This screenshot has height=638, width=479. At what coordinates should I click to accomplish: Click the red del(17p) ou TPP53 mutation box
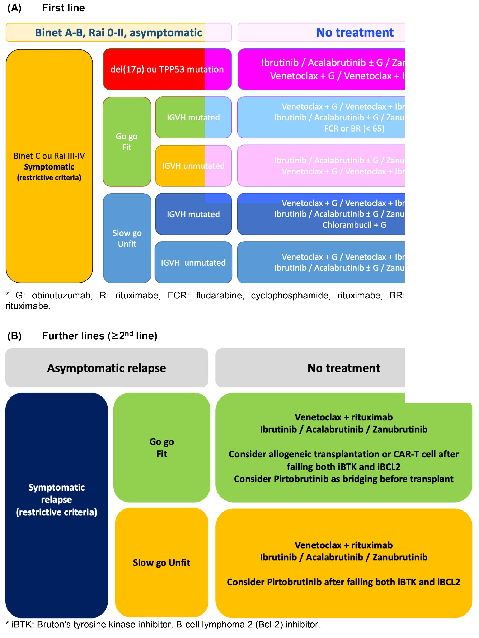click(167, 69)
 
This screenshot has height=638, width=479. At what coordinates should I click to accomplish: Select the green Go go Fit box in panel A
click(127, 142)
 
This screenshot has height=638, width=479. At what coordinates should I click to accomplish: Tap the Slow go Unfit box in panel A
click(127, 238)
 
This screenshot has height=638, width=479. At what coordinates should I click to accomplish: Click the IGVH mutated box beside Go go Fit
click(193, 117)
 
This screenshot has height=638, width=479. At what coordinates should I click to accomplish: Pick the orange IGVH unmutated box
click(193, 166)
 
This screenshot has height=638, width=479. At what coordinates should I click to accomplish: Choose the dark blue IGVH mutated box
click(193, 214)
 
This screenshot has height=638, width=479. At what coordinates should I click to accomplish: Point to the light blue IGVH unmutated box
click(193, 263)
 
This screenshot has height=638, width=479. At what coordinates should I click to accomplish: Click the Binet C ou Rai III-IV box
click(49, 166)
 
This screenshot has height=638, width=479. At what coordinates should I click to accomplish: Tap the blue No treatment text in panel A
click(355, 32)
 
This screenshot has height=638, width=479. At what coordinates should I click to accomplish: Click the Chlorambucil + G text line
click(354, 225)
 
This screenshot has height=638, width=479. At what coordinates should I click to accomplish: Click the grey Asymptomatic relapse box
click(106, 368)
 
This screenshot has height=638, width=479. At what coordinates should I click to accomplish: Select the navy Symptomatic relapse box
click(57, 500)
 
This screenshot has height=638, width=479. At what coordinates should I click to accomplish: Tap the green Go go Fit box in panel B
click(162, 448)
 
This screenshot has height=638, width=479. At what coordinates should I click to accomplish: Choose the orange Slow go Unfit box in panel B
click(162, 563)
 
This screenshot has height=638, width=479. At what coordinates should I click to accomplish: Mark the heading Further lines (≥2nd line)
click(100, 336)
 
